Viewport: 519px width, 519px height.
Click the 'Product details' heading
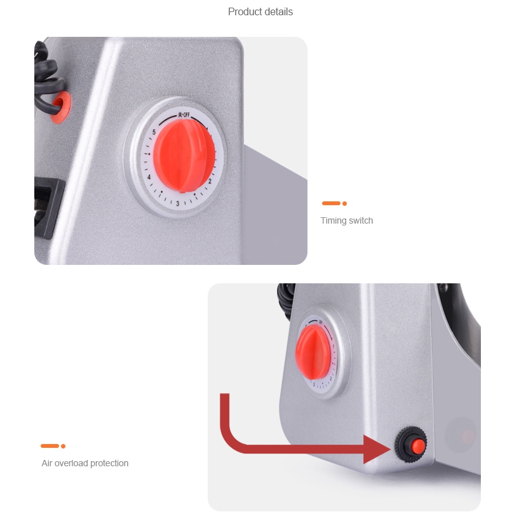260,12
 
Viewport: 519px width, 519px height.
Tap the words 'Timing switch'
347,221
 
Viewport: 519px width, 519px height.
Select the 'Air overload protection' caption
84,463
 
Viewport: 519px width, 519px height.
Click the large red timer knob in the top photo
184,156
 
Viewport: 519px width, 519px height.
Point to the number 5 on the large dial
154,132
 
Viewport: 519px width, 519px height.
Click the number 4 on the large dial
149,177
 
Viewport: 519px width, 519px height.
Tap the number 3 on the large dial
178,203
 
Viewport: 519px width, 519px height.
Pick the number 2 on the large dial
210,181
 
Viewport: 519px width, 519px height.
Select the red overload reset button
418,447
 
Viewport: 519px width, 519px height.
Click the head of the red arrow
377,449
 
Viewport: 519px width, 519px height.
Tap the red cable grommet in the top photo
60,107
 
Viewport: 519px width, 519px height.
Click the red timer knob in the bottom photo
313,352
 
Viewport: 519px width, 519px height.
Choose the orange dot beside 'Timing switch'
344,203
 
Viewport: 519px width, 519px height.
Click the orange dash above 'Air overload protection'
50,446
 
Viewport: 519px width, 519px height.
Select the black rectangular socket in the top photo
48,207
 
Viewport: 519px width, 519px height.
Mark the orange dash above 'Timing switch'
331,203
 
